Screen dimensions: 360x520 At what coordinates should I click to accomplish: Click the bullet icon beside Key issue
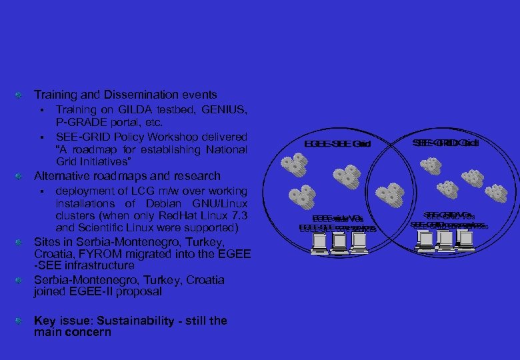coord(21,320)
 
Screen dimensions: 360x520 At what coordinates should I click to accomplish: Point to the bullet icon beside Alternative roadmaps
coord(21,177)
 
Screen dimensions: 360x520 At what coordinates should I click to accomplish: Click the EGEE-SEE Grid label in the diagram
coord(337,144)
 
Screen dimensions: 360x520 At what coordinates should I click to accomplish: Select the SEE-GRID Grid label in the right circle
coord(445,143)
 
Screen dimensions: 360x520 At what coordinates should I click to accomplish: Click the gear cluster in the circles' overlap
coord(391,194)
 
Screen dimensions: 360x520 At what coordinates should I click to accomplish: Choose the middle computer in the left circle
coord(339,245)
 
